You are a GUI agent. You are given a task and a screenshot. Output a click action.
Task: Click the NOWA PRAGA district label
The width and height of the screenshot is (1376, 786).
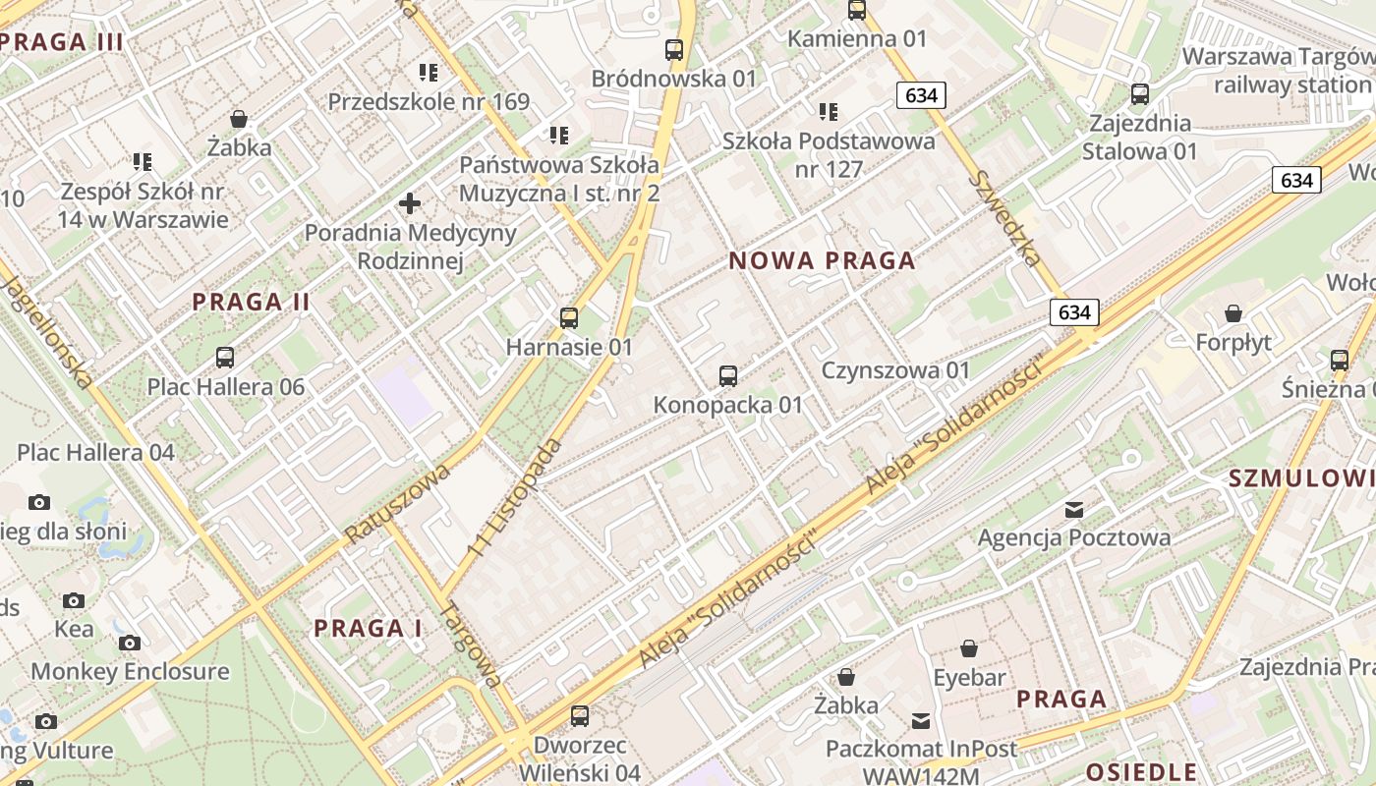(822, 261)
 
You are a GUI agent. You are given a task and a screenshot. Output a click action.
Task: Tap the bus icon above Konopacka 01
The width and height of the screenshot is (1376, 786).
(728, 376)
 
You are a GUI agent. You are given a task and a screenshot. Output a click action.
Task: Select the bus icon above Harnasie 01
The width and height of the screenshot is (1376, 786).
(569, 318)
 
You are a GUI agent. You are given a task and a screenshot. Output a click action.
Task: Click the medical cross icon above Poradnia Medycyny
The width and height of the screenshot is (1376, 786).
(410, 204)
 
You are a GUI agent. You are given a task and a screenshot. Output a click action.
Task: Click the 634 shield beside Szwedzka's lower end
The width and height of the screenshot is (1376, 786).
(1074, 312)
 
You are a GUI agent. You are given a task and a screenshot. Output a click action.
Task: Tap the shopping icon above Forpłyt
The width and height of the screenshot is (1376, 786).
(1233, 314)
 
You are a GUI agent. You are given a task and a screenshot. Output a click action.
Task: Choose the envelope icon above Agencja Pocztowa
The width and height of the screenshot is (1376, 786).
(1073, 510)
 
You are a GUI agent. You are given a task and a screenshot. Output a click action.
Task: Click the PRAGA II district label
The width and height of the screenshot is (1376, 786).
(252, 303)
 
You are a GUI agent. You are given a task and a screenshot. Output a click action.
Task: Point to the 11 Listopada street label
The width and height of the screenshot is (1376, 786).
(517, 499)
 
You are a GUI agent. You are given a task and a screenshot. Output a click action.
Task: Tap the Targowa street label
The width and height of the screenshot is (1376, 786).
(471, 644)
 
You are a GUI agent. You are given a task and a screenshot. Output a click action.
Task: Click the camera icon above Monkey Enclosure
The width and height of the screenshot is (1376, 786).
(129, 644)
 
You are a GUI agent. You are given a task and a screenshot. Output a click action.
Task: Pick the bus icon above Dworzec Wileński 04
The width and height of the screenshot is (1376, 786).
(580, 716)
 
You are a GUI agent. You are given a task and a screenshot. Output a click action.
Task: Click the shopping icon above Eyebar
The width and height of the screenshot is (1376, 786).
(969, 649)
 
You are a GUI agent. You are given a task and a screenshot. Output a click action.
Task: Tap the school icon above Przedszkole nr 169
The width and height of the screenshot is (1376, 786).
(429, 73)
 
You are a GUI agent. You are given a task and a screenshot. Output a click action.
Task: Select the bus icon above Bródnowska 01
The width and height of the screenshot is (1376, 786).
(674, 50)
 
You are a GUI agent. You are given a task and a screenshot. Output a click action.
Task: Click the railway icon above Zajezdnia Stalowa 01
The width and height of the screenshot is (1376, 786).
(1140, 95)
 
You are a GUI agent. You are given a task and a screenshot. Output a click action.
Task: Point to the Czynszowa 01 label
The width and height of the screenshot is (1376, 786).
(895, 370)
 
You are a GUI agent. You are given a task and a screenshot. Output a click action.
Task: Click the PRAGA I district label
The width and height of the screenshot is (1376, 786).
(368, 629)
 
